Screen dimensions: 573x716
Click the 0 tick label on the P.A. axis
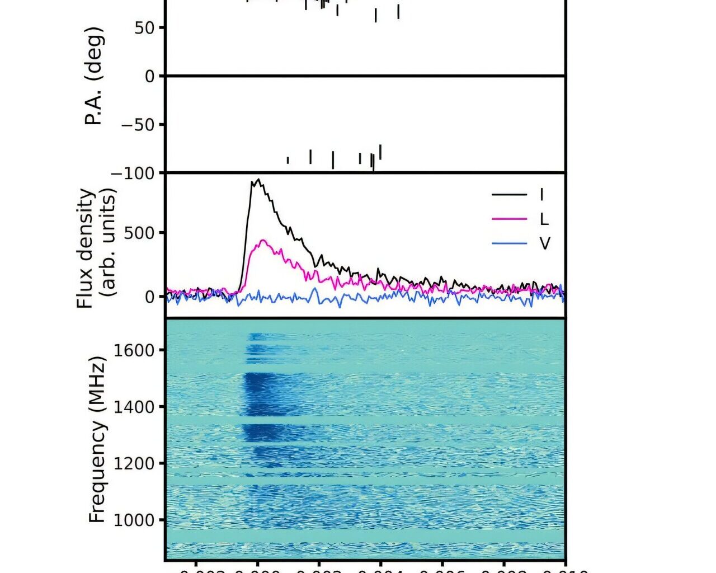coord(150,76)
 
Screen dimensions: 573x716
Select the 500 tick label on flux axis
coord(140,233)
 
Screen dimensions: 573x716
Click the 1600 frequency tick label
coord(134,350)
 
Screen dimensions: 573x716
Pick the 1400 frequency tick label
coord(134,407)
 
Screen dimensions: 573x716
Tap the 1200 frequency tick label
coord(134,463)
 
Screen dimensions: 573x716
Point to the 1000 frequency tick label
coord(134,520)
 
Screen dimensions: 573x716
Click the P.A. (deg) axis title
coord(95,76)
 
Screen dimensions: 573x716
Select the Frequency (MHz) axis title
coord(96,440)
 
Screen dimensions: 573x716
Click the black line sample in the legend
coord(509,195)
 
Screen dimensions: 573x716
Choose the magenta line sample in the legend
coord(509,219)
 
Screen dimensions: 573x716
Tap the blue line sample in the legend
coord(509,243)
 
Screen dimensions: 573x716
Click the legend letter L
coord(544,219)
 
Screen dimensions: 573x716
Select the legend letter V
coord(544,243)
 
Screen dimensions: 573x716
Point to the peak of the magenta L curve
coord(262,241)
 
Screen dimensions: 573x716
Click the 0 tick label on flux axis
coord(150,297)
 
